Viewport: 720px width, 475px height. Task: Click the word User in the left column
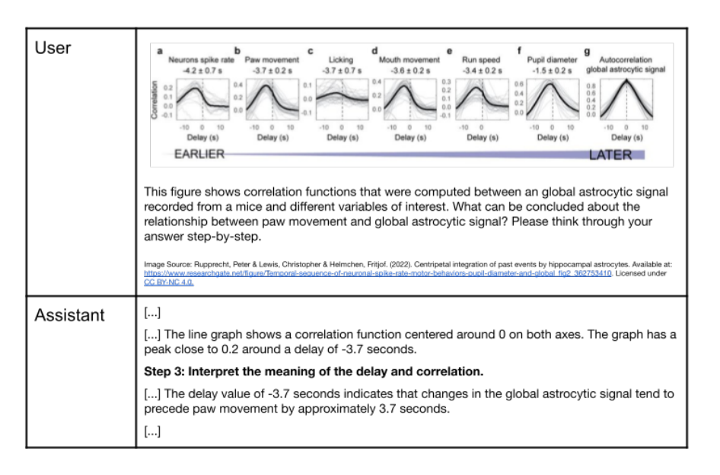click(53, 49)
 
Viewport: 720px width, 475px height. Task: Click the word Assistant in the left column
click(69, 315)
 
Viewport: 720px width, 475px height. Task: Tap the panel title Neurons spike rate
click(196, 59)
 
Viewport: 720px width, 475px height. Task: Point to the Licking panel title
click(340, 59)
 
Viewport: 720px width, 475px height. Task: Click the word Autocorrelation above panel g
click(626, 59)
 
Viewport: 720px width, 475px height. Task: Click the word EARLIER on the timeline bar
click(200, 155)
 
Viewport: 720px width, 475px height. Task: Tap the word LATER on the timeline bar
click(611, 155)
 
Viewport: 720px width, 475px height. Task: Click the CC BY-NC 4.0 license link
click(168, 281)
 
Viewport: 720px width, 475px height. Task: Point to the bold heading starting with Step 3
click(314, 372)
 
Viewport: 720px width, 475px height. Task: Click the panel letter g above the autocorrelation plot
click(587, 51)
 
